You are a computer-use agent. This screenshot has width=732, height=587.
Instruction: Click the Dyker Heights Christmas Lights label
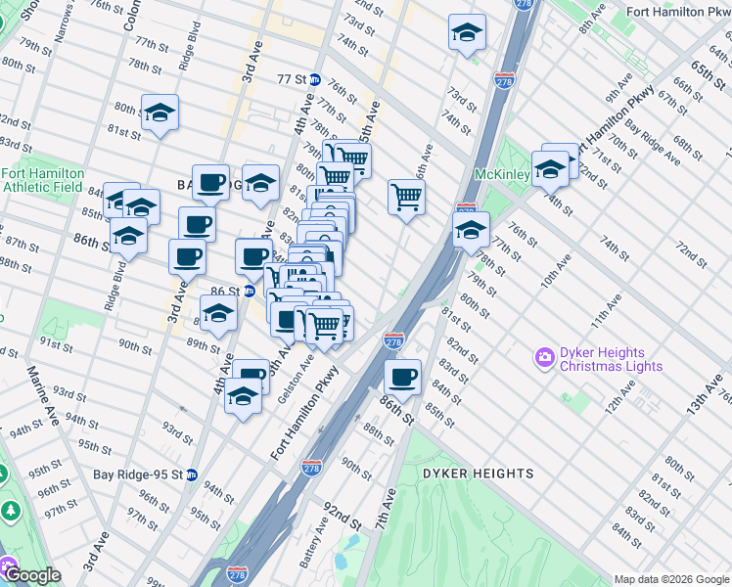pos(611,360)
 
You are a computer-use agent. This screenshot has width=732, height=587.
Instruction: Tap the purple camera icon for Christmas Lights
pos(544,360)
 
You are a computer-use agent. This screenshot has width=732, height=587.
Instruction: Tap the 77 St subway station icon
pos(315,78)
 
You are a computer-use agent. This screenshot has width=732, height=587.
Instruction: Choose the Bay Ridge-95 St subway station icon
pos(193,474)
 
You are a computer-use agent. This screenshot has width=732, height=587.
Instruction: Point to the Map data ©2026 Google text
pos(671,579)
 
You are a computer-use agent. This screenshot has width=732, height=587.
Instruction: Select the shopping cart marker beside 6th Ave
pos(406,197)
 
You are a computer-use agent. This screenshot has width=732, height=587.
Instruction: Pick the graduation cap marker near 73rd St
pos(467,32)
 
